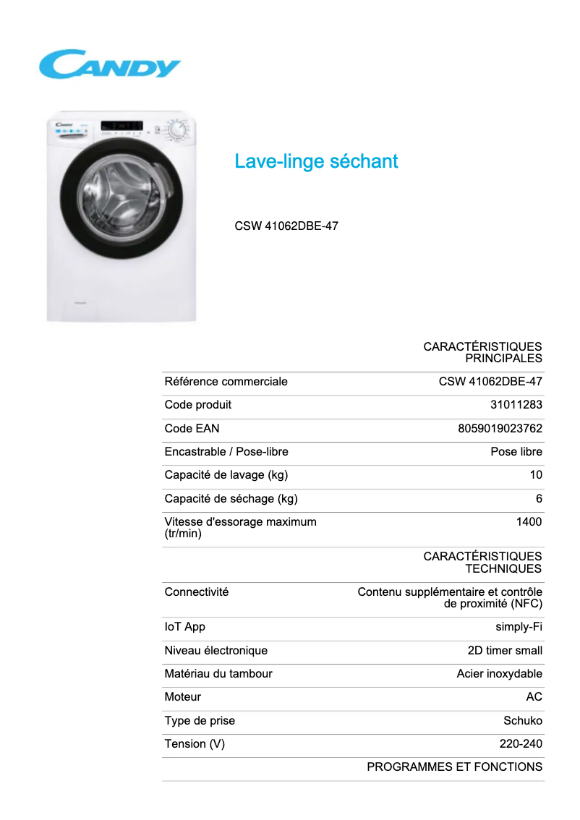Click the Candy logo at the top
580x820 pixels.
pos(109,64)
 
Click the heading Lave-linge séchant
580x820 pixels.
pos(316,161)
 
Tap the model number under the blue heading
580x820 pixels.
pos(286,226)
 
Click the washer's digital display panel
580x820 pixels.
pos(121,127)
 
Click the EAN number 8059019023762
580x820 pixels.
pos(500,428)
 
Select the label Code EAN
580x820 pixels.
pos(187,428)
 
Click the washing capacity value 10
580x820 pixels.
pos(535,475)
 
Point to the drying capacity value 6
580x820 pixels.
pos(539,499)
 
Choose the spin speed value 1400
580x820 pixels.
pos(529,521)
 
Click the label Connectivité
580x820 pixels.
pos(197,591)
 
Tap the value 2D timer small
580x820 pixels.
pos(505,650)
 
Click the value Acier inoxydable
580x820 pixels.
pos(499,674)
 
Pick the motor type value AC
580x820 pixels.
pos(534,697)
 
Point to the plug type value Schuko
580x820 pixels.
pos(522,720)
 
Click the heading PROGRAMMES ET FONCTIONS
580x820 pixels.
pos(454,766)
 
